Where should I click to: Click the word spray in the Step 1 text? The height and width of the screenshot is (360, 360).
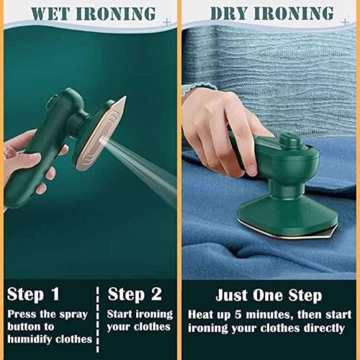[x=76, y=314]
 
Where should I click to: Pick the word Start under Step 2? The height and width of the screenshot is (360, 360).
[x=122, y=314]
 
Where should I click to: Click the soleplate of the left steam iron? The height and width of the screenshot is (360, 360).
[x=100, y=133]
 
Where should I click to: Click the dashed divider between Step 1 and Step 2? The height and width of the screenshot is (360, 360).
[x=98, y=317]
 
